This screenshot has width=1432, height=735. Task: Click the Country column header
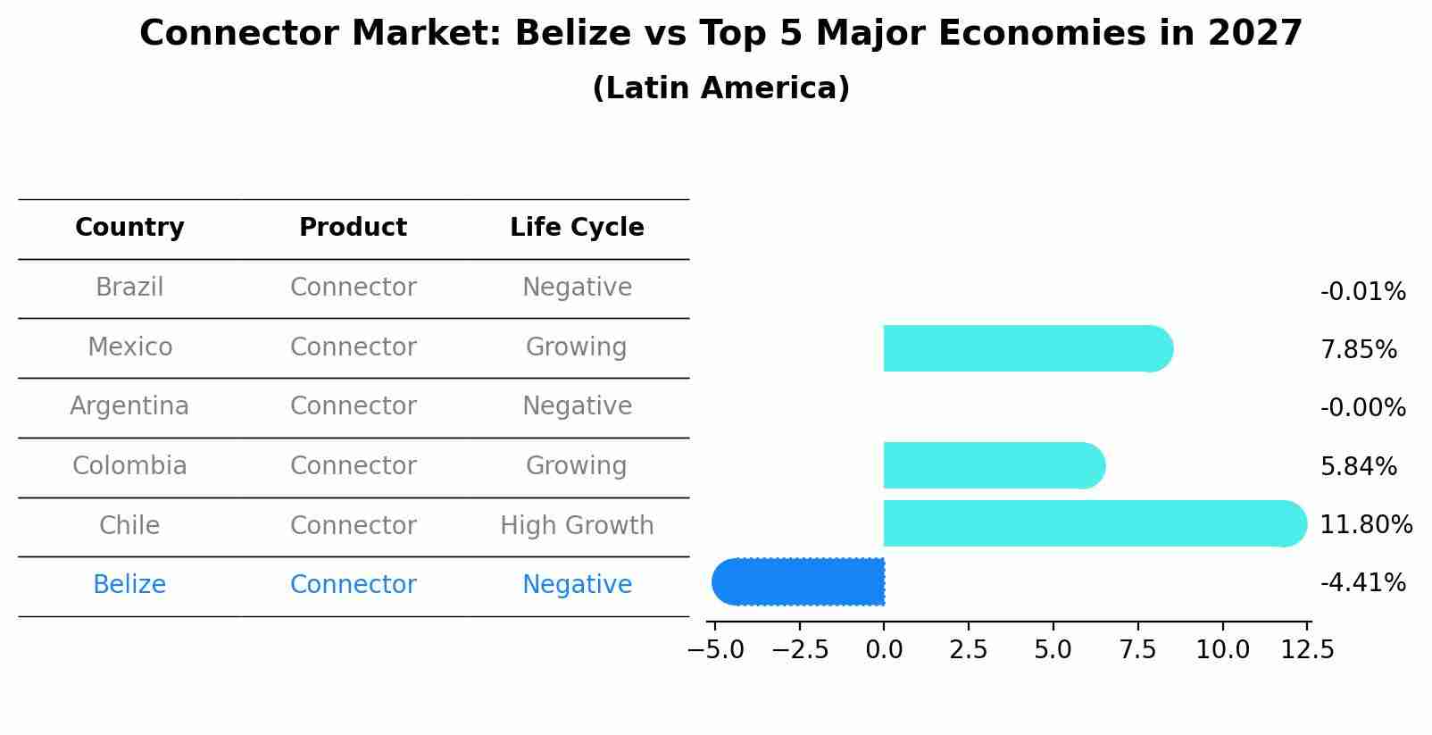[129, 228]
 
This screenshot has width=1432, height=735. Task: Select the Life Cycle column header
[577, 228]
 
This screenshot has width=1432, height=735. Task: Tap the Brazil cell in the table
[129, 288]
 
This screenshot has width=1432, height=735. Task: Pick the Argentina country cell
[129, 406]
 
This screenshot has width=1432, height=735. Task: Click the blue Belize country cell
[129, 585]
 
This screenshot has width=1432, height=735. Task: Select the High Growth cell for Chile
[577, 525]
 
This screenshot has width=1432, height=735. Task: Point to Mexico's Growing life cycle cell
[576, 347]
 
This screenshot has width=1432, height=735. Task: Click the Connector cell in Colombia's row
[353, 466]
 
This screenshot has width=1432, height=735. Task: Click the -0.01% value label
[1362, 292]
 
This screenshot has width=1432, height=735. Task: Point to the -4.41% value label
[1362, 583]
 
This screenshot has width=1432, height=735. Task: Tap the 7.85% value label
[1358, 350]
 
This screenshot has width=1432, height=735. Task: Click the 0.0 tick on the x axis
[884, 650]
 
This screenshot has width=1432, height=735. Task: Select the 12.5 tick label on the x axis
[1308, 650]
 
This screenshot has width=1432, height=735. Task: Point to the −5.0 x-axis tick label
[715, 650]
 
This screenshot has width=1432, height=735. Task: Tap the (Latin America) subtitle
[720, 88]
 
